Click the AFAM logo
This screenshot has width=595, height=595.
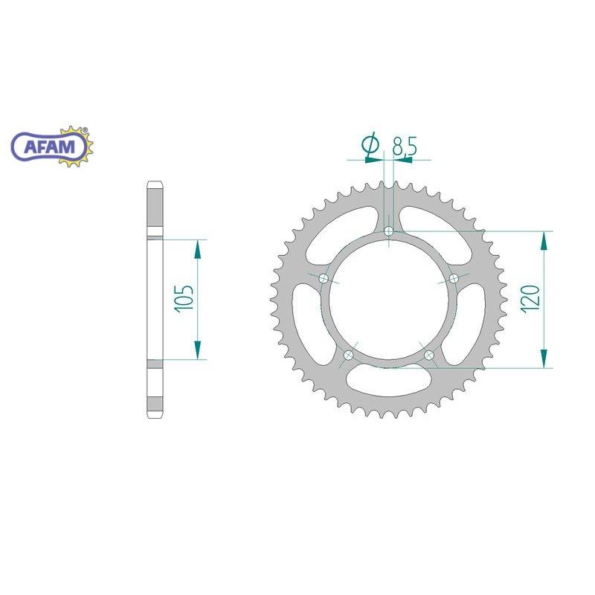pos(52,147)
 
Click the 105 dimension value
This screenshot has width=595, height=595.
pos(184,298)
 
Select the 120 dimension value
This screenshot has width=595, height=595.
pos(530,299)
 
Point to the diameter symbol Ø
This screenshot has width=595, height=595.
pos(370,144)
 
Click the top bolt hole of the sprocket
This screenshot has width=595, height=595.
pos(388,231)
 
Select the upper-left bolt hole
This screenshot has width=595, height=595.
pos(324,279)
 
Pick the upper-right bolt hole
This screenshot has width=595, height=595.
pos(454,279)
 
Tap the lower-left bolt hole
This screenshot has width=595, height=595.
pos(348,356)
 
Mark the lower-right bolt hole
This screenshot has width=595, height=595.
pos(429,356)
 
